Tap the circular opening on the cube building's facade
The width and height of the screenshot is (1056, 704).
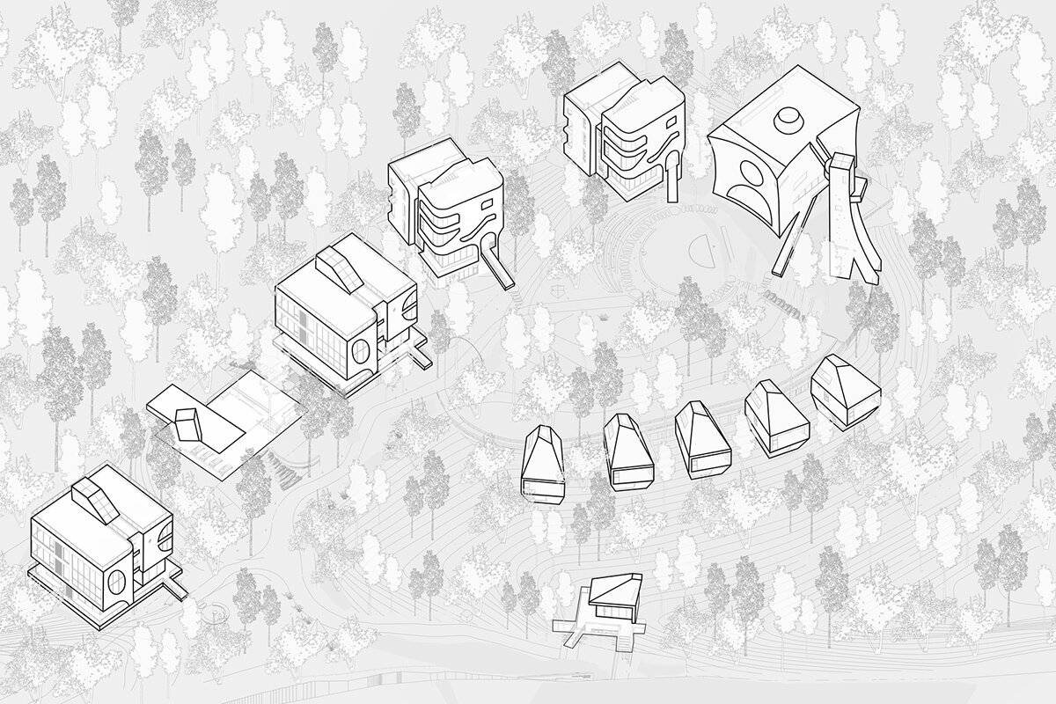point(750,180)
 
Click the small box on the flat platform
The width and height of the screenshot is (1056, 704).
point(189,423)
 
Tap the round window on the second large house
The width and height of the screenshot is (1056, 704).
point(362,354)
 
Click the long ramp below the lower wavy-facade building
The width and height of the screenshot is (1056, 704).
point(498,268)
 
